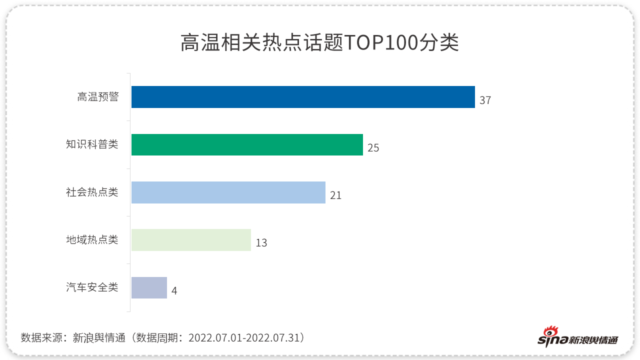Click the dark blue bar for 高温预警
[303, 97]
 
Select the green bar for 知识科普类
[247, 144]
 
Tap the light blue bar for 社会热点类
[228, 192]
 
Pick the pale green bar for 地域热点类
[191, 240]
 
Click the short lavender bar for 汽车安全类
[149, 288]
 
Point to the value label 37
[485, 100]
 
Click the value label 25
[373, 148]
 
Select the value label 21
[335, 195]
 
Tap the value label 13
[261, 243]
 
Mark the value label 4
[174, 291]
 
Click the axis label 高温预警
[98, 97]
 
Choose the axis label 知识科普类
[92, 144]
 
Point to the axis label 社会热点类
[92, 192]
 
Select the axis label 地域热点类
[92, 240]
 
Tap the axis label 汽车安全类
[92, 287]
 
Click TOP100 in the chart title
[380, 43]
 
